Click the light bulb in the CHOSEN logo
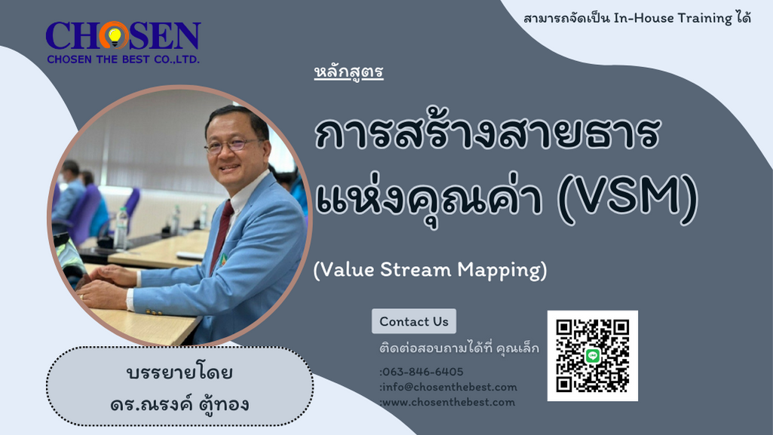pyautogui.click(x=115, y=36)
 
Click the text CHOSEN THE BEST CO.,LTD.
pyautogui.click(x=123, y=60)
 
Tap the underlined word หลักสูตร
pyautogui.click(x=348, y=72)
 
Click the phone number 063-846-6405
pyautogui.click(x=422, y=372)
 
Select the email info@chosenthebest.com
pyautogui.click(x=449, y=388)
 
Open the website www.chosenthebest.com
pyautogui.click(x=449, y=403)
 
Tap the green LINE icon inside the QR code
pyautogui.click(x=593, y=355)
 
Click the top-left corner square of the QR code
pyautogui.click(x=564, y=327)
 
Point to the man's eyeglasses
pyautogui.click(x=231, y=145)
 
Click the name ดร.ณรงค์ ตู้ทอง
pyautogui.click(x=180, y=404)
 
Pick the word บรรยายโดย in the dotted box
pyautogui.click(x=180, y=372)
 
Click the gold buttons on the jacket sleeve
pyautogui.click(x=155, y=311)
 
